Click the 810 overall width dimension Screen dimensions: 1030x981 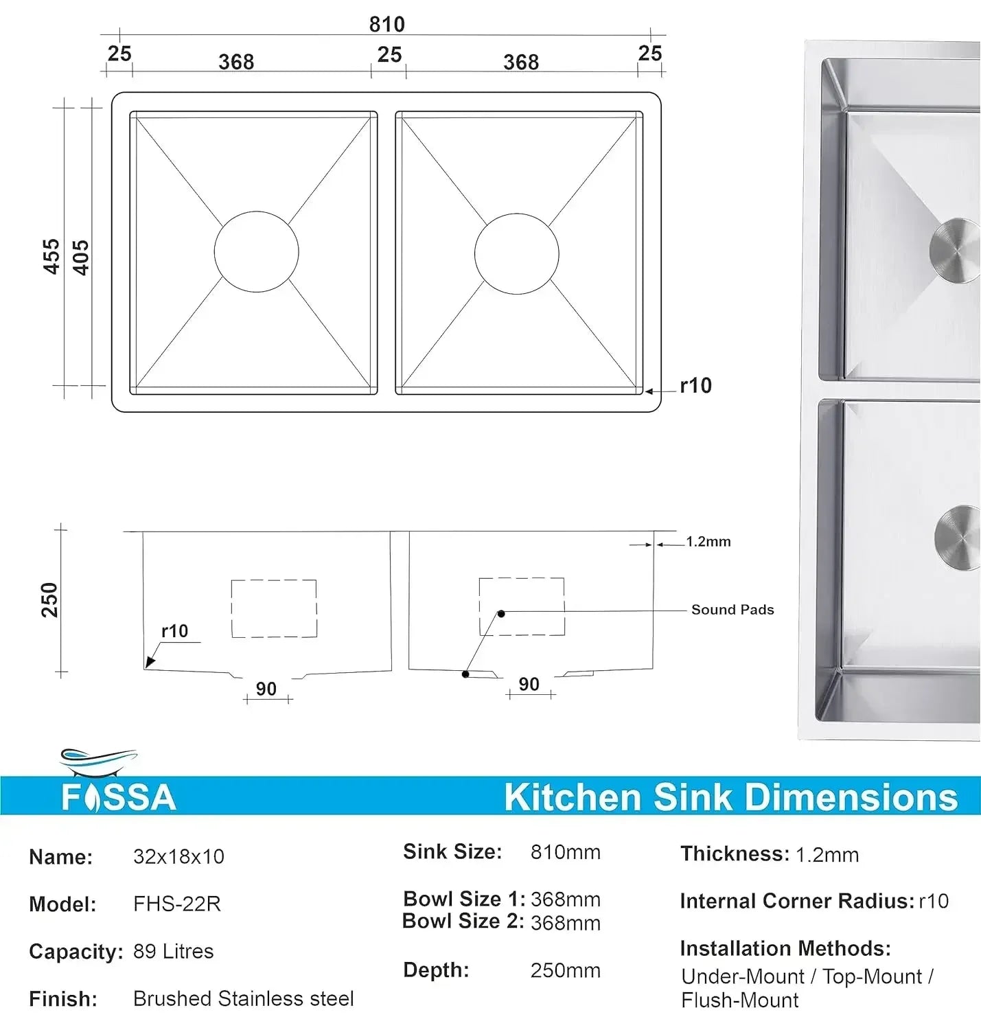coord(386,24)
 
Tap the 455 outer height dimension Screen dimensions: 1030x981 coord(51,256)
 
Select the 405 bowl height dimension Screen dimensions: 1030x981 coord(80,257)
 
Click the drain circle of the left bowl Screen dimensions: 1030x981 coord(256,252)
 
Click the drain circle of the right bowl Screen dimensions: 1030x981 coord(516,253)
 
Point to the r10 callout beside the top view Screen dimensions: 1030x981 coord(695,386)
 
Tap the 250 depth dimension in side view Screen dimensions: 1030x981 coord(49,599)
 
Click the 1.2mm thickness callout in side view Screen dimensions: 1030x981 coord(708,542)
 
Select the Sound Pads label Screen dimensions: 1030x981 coord(732,610)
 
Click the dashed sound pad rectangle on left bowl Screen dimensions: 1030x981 coord(274,608)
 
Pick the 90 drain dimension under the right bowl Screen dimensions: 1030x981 coord(529,684)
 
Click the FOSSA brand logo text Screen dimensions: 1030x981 coord(119,797)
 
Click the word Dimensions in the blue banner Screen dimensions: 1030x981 coord(851,797)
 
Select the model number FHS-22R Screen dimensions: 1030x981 coord(177,904)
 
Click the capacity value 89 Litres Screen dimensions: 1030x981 coord(173,951)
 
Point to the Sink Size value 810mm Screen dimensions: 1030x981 coord(565,852)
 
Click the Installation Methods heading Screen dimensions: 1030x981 coord(785,948)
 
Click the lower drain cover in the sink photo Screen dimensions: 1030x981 coord(958,537)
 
